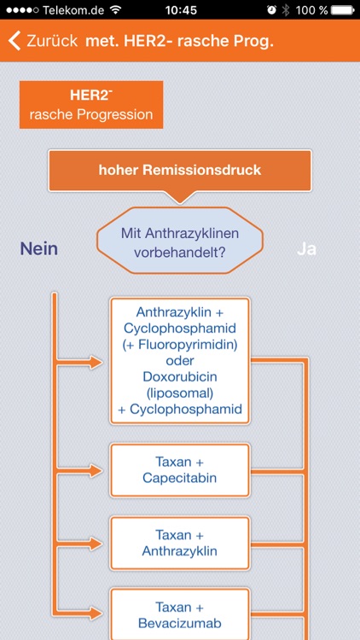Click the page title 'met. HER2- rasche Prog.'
[179, 41]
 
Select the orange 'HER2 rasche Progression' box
[90, 105]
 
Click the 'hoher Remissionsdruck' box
[180, 170]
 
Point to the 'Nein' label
[39, 248]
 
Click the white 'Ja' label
[306, 248]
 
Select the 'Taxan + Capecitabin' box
[180, 470]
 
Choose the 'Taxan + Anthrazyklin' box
[180, 543]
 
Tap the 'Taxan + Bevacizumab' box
[180, 614]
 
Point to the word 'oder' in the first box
[180, 360]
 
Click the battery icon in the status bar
[341, 9]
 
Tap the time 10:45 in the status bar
[179, 9]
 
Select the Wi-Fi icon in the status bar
[115, 9]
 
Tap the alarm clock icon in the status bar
[270, 9]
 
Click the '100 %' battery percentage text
[311, 9]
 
